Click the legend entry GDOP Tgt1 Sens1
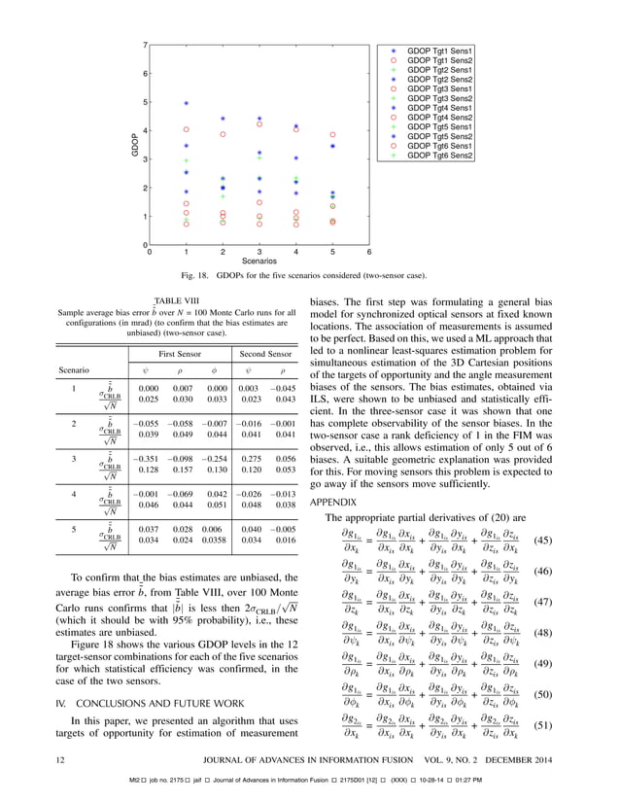[439, 51]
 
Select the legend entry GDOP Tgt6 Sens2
[439, 156]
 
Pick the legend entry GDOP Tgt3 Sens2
[439, 98]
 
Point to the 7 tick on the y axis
[144, 46]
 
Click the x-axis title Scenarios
[259, 262]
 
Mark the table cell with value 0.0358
[212, 539]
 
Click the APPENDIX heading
[333, 502]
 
